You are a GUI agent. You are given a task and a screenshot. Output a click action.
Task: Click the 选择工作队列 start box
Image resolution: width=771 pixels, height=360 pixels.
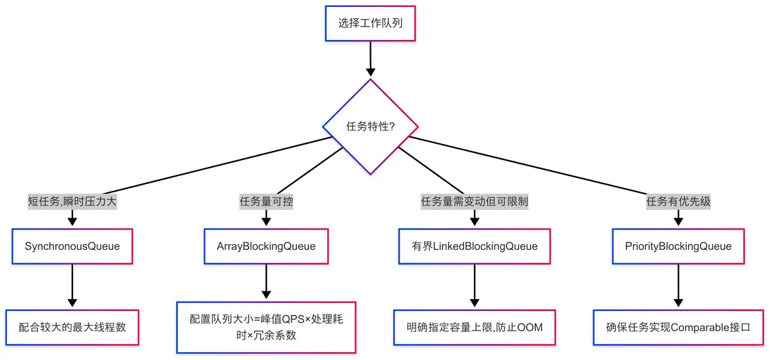pyautogui.click(x=370, y=23)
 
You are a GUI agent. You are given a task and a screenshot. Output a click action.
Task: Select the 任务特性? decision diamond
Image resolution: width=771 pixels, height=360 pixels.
pyautogui.click(x=370, y=127)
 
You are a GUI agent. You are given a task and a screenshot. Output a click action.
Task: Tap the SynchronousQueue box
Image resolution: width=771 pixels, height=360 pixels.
pyautogui.click(x=72, y=246)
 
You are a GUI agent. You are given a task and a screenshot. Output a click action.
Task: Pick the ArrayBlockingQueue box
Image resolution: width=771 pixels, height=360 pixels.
pyautogui.click(x=266, y=246)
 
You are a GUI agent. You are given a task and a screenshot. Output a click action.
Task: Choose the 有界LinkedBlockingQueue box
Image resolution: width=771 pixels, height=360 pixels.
pyautogui.click(x=475, y=246)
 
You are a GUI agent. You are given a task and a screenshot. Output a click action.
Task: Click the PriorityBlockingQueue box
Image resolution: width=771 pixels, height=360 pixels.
pyautogui.click(x=678, y=246)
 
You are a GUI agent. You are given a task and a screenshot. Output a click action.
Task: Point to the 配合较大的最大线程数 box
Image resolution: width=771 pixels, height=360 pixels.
pyautogui.click(x=72, y=327)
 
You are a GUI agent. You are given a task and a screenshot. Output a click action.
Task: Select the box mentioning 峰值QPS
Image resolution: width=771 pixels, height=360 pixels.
pyautogui.click(x=266, y=327)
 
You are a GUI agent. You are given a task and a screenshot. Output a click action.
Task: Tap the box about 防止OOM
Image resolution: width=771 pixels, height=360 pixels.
pyautogui.click(x=475, y=327)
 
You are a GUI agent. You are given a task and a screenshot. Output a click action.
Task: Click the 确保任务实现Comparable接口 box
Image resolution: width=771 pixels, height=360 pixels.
pyautogui.click(x=678, y=327)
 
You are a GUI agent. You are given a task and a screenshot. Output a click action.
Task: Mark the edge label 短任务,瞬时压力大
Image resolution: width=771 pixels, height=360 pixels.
pyautogui.click(x=72, y=201)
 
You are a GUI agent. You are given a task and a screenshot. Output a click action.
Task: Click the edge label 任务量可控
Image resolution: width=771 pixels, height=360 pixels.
pyautogui.click(x=266, y=201)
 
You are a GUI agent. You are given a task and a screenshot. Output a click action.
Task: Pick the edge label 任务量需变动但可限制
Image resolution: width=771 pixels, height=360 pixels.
pyautogui.click(x=475, y=201)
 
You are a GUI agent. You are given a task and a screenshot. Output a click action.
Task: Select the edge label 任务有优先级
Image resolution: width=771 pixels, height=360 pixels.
pyautogui.click(x=678, y=201)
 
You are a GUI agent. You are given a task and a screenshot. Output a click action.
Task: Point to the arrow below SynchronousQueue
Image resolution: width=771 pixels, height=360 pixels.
pyautogui.click(x=72, y=286)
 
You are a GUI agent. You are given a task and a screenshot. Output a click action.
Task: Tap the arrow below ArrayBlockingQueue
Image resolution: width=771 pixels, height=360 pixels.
pyautogui.click(x=266, y=283)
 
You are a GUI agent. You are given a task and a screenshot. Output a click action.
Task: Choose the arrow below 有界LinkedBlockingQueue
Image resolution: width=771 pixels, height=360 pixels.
pyautogui.click(x=475, y=286)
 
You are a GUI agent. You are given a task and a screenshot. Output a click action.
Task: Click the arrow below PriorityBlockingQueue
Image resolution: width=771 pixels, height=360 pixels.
pyautogui.click(x=678, y=286)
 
